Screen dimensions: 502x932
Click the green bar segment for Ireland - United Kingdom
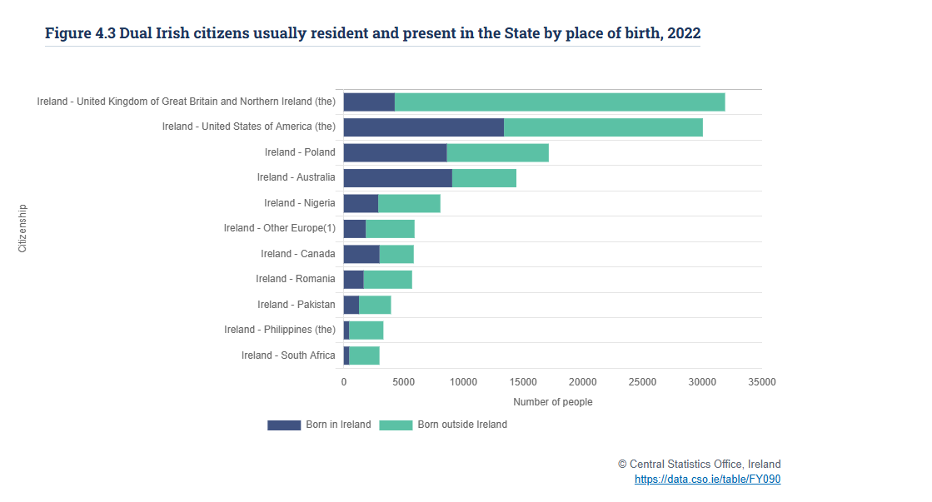pos(560,102)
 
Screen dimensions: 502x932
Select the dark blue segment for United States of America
pos(423,127)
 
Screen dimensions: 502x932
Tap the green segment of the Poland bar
pos(497,152)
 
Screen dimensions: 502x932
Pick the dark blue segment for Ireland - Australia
pos(397,178)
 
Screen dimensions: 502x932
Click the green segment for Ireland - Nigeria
pos(409,203)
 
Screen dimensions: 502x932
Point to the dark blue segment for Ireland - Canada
pos(361,254)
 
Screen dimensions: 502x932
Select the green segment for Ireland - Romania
pos(387,280)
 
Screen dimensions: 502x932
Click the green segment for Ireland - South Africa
pos(364,355)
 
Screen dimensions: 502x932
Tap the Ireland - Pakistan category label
pos(296,305)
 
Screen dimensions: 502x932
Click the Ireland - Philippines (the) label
pos(279,330)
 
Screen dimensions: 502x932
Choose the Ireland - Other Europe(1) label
pos(279,228)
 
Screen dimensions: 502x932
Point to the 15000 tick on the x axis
pos(523,382)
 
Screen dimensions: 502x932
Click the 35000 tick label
pos(761,382)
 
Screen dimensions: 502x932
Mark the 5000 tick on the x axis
pos(403,382)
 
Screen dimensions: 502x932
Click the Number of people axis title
pos(552,402)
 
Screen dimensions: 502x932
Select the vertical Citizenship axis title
pos(22,228)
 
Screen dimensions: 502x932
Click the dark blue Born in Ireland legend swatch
pos(284,425)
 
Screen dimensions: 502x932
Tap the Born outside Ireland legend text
pos(462,425)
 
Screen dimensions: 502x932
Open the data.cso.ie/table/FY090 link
pos(707,480)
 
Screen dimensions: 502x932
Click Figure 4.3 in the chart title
pos(80,33)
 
